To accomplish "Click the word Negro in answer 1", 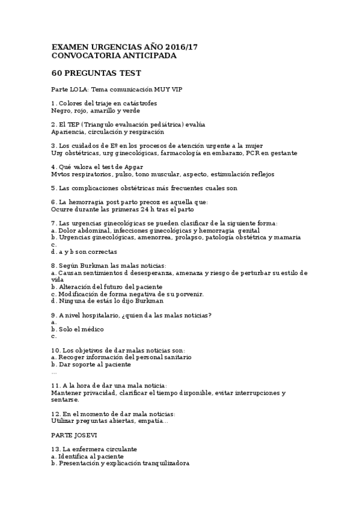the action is pyautogui.click(x=61, y=111).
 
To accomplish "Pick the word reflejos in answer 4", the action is pyautogui.click(x=261, y=174).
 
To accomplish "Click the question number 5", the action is pyautogui.click(x=53, y=188).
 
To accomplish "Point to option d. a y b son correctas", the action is pyautogui.click(x=84, y=252).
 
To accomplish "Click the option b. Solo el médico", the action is pyautogui.click(x=78, y=330).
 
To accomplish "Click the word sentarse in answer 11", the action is pyautogui.click(x=65, y=399).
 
